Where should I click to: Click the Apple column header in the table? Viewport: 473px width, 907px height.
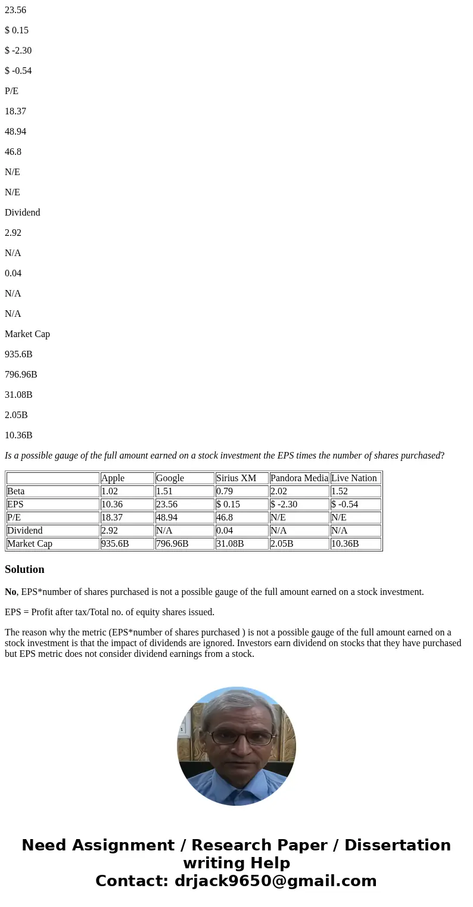tap(113, 478)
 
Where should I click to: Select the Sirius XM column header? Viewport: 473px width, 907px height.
tap(236, 478)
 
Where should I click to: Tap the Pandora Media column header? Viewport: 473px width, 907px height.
tap(299, 478)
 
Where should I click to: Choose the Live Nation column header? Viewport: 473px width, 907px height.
tap(354, 478)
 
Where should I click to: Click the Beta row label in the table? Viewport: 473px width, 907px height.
tap(15, 491)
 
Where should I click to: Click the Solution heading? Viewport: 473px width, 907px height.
tap(24, 569)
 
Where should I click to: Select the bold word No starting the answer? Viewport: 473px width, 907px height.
tap(10, 592)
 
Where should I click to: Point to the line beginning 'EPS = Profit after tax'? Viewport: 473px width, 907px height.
tap(110, 612)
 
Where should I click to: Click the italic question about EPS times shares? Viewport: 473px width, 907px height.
tap(225, 456)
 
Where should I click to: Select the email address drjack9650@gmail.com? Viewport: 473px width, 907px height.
tap(275, 881)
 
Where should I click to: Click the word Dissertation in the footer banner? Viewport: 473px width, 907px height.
tap(397, 846)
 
